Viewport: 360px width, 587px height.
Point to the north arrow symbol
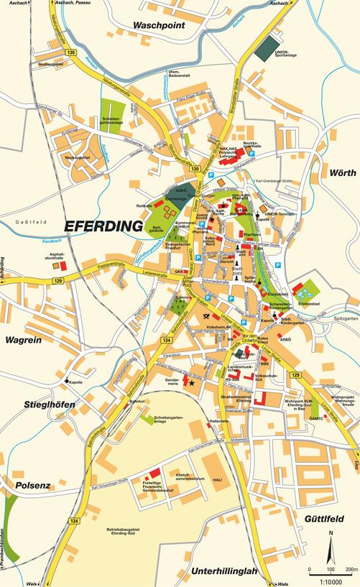[x=330, y=547]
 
